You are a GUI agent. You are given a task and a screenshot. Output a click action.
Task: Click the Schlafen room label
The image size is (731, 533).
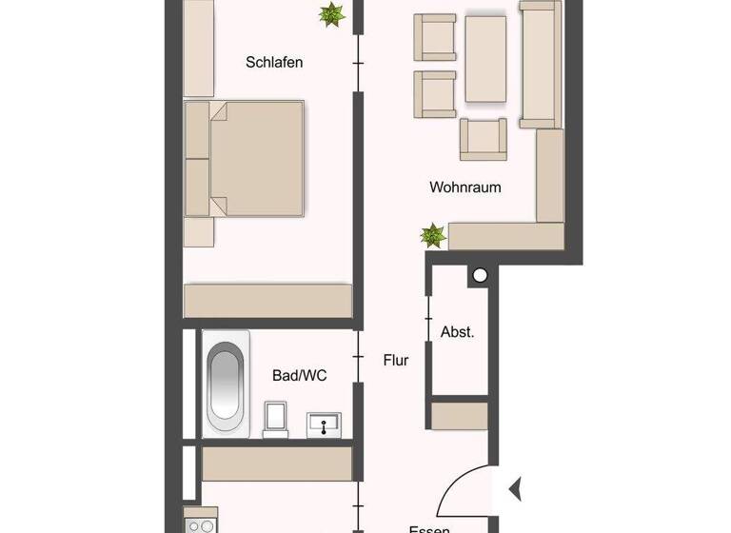274,63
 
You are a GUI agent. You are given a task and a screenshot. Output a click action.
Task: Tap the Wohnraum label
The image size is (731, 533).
465,188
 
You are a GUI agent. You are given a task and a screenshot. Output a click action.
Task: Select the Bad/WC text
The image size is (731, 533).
300,376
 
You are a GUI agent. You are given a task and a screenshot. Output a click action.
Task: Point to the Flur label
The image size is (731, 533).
396,361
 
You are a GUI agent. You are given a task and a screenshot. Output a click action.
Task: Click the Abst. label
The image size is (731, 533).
457,332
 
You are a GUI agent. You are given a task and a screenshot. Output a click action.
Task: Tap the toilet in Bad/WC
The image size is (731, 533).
276,418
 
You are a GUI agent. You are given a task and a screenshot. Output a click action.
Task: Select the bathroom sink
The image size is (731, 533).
325,424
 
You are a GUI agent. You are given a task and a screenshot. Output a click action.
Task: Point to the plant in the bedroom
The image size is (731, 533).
331,14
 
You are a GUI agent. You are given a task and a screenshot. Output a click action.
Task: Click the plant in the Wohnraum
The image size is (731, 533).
433,234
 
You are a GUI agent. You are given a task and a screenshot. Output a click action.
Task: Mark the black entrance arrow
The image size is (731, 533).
515,490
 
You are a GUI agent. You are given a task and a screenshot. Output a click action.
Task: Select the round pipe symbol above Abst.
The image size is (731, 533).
480,276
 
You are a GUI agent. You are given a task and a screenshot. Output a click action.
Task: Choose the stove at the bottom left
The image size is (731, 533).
202,525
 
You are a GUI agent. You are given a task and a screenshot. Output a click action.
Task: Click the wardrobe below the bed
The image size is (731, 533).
267,300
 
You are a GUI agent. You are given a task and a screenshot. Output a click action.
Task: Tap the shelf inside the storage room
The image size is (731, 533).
459,416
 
